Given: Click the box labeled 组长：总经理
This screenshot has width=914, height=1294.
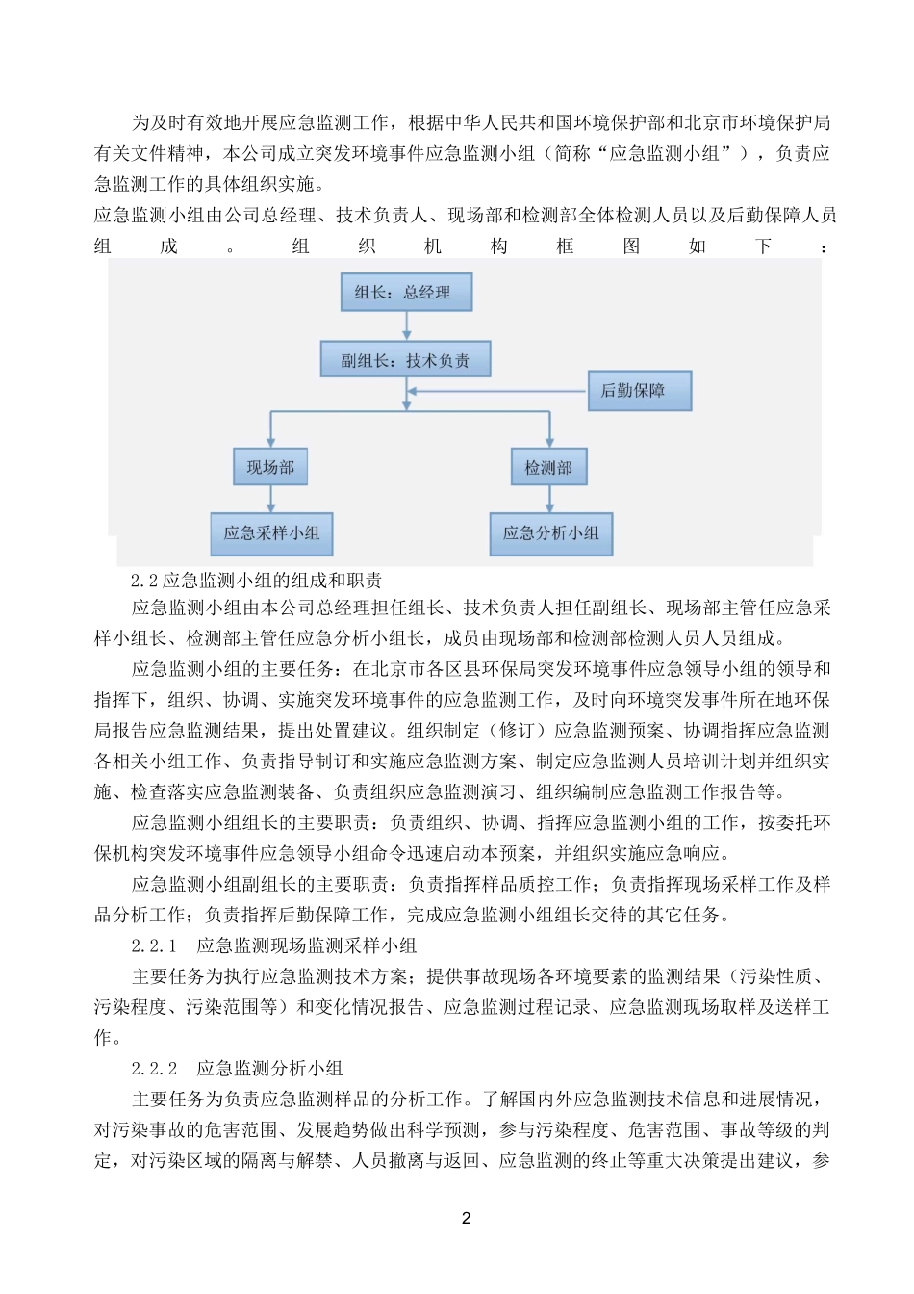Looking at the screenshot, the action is point(406,293).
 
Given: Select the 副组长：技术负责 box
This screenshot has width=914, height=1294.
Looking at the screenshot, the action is point(405,360).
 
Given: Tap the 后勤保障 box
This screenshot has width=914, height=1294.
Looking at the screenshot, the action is point(639,391).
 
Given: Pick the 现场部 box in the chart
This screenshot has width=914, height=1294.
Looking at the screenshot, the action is point(270,467).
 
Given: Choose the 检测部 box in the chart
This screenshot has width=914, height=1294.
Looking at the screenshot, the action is point(548,467).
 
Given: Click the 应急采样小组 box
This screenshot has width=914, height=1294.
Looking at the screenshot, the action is point(271,533).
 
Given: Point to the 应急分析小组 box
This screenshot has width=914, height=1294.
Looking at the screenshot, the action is point(550,533).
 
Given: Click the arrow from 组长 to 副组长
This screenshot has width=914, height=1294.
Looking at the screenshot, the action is point(406,325).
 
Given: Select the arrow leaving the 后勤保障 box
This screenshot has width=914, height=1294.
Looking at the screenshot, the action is point(498,391).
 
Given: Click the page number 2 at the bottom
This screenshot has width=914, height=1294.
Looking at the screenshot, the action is point(467,1218).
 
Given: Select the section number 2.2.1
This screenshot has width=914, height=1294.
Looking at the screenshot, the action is point(154,945).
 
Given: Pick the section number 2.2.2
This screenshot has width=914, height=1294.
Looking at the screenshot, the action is point(154,1068).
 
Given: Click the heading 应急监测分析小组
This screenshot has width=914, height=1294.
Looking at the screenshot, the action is point(269,1068).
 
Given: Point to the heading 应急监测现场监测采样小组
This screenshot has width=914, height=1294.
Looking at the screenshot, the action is point(306,945).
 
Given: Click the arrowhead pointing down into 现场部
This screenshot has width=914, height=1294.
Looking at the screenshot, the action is point(270,441).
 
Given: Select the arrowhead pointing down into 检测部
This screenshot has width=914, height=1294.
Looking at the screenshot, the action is point(549,441).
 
